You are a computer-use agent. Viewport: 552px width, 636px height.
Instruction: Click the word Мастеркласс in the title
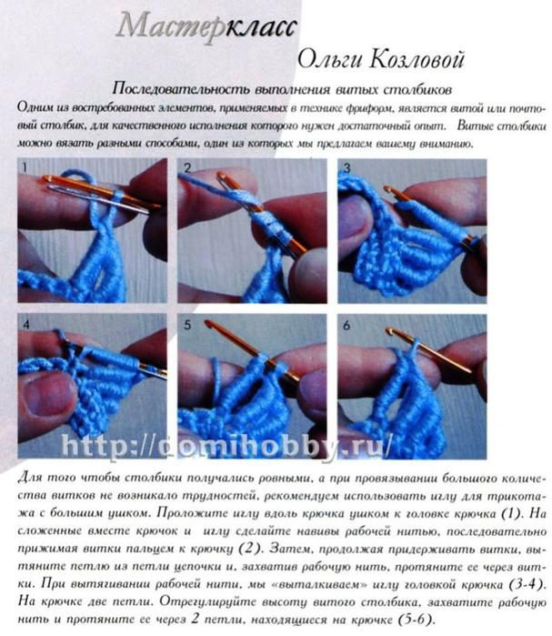(206, 26)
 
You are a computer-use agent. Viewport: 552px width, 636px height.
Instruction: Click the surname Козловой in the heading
(417, 60)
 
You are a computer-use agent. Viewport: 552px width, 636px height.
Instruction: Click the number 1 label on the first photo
(25, 167)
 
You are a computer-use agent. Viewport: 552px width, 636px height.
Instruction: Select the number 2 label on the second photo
(187, 168)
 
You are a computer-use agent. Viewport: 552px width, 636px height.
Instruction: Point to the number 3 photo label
(346, 167)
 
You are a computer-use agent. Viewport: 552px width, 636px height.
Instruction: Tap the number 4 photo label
(26, 325)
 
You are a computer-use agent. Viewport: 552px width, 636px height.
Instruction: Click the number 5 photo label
(187, 325)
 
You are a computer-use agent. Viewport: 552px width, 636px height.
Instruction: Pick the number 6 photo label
(346, 326)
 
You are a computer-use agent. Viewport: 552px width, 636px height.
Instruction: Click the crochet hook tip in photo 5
(208, 323)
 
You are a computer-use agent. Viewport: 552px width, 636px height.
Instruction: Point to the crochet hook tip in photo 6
(390, 331)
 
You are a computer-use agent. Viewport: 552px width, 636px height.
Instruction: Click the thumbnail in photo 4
(45, 395)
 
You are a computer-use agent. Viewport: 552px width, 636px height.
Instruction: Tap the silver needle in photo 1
(97, 198)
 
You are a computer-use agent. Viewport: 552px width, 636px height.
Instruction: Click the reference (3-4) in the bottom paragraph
(525, 584)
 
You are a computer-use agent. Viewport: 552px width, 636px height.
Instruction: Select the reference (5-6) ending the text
(415, 620)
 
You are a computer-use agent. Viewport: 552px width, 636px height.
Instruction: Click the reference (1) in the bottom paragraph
(510, 513)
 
